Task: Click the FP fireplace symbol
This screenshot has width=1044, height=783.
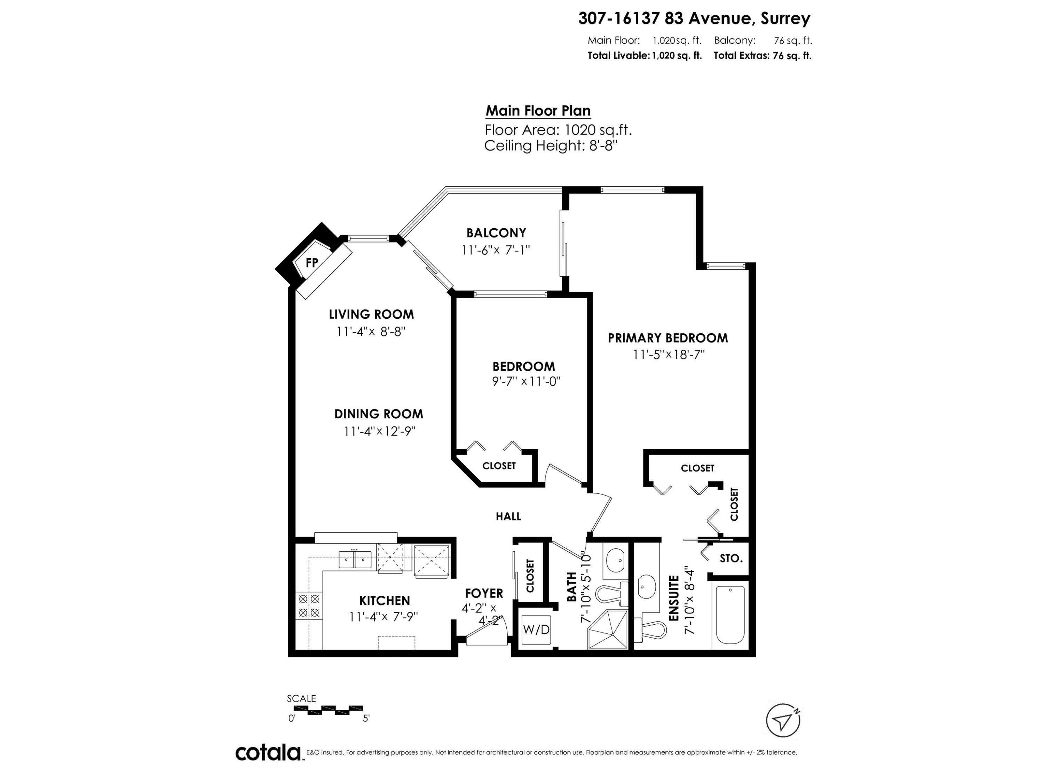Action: point(311,263)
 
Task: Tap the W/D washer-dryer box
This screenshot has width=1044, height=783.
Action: point(537,630)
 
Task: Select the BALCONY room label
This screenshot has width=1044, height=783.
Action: point(496,233)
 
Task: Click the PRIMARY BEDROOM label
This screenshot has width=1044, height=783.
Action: point(667,338)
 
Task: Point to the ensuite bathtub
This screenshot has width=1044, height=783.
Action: point(730,615)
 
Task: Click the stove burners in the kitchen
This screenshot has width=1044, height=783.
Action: point(309,606)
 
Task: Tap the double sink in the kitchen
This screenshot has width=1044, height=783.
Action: point(355,560)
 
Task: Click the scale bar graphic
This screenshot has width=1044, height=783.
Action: point(335,709)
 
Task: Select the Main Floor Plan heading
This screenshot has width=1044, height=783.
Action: point(538,111)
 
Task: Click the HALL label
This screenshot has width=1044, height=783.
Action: point(508,516)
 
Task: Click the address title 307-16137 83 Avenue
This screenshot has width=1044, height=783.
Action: point(694,18)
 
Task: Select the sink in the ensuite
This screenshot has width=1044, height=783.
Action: point(645,587)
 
